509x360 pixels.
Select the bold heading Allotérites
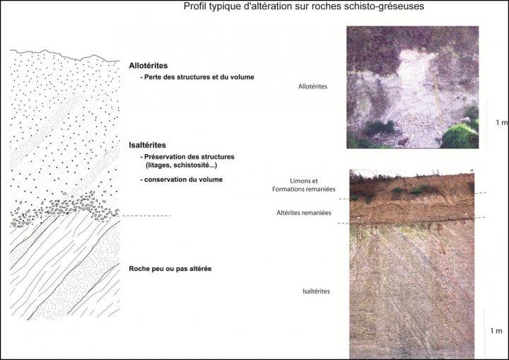tap(148, 65)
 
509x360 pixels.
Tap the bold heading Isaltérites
tap(147, 145)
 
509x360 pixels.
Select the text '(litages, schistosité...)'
tap(186, 164)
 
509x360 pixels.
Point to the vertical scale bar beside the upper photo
tap(486, 124)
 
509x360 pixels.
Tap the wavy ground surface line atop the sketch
tap(64, 54)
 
